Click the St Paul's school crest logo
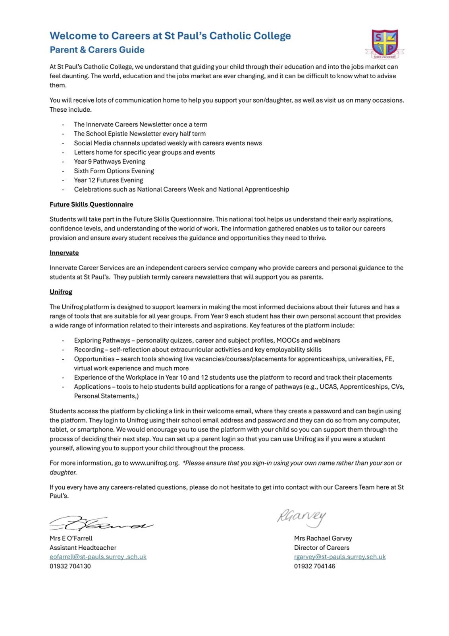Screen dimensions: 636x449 tap(384, 43)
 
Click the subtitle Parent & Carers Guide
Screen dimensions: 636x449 tap(97, 50)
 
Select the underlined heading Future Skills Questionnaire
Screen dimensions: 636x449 tap(91, 204)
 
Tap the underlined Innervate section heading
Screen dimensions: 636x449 tap(64, 253)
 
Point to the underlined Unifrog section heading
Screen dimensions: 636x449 tap(61, 292)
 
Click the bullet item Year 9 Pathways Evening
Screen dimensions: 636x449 tap(110, 161)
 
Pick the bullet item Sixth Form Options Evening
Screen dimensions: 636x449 tap(114, 171)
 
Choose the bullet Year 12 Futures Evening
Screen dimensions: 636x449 tap(108, 180)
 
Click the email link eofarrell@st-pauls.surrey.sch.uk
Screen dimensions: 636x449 tap(98, 557)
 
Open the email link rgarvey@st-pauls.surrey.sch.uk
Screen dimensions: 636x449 tap(340, 557)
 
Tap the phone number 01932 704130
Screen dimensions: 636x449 tap(70, 566)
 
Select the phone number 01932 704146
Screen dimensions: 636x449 tap(314, 566)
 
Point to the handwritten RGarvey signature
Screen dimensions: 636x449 tap(301, 518)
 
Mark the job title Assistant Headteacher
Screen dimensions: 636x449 tap(83, 548)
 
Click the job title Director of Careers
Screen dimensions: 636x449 tap(322, 548)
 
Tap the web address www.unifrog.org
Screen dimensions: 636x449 tap(154, 463)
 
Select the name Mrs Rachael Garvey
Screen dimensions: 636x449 tap(323, 538)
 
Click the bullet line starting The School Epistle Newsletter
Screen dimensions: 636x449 tap(140, 134)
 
